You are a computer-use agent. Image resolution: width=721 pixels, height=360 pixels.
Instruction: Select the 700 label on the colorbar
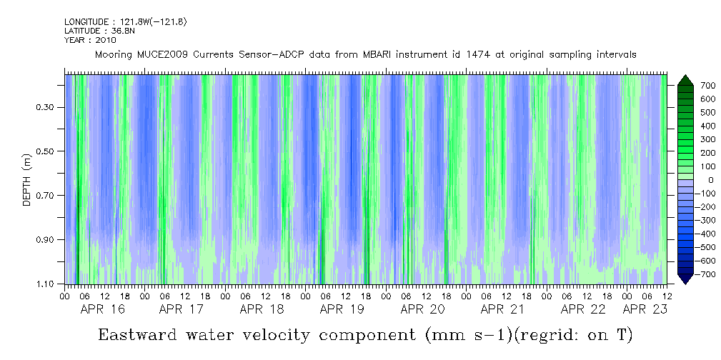(x=688, y=86)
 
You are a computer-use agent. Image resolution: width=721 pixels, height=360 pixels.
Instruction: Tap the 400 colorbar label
(x=688, y=126)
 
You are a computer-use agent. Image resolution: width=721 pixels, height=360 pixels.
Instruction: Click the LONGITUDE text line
(x=125, y=22)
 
